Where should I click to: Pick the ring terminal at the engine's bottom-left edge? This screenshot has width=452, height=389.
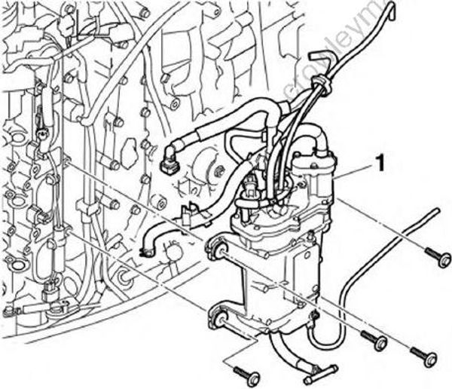9,311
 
